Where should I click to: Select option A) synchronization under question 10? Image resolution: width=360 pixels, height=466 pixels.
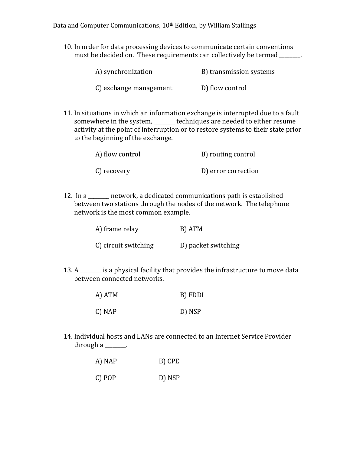tap(124, 72)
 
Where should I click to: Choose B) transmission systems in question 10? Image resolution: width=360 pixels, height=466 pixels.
tap(238, 72)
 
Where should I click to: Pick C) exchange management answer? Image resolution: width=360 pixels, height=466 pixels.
tap(134, 88)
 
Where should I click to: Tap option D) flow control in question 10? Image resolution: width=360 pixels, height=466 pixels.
tap(224, 88)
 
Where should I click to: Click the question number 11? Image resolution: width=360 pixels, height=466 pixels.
tap(67, 113)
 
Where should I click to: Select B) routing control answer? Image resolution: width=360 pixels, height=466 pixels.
tap(228, 154)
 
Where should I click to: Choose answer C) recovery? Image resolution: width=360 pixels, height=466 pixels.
tap(113, 171)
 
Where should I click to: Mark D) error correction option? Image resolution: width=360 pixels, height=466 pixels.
tap(230, 171)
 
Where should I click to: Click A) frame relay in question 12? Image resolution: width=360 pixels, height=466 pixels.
tap(117, 229)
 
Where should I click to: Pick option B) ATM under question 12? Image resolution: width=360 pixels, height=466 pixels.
tap(191, 229)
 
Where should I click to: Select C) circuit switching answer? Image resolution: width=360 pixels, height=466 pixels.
tap(124, 245)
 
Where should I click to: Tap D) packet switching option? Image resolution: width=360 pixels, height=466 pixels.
tap(210, 245)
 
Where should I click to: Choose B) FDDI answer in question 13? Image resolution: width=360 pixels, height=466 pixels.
tap(192, 295)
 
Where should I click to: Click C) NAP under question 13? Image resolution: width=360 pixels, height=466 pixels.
tap(106, 312)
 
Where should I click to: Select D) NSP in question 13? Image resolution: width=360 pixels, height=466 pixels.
tap(190, 312)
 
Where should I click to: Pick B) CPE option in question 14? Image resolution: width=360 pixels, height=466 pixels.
tap(169, 361)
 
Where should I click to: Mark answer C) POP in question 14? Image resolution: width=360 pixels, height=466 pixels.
tap(106, 378)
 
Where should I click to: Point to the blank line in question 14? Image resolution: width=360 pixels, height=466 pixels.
tap(115, 347)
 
